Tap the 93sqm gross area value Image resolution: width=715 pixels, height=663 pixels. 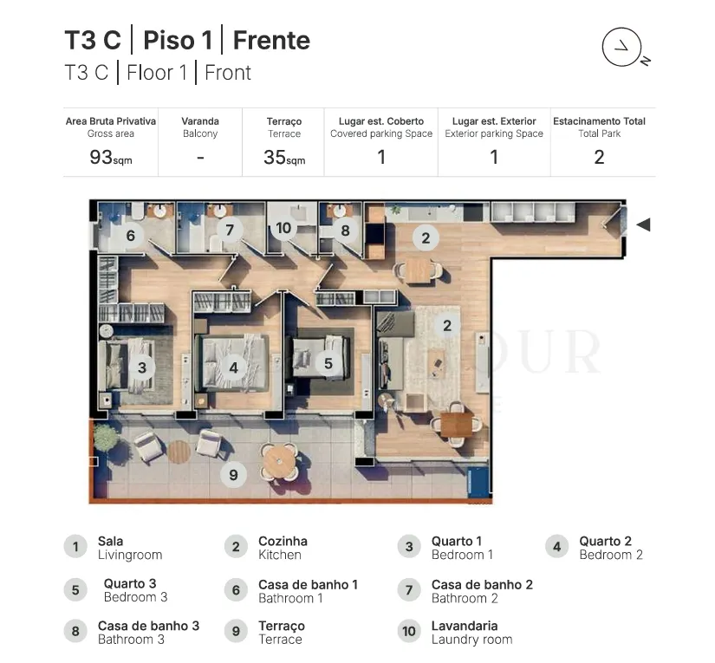(111, 158)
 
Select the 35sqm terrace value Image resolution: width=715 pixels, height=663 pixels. (284, 158)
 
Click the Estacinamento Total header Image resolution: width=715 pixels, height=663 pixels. (599, 121)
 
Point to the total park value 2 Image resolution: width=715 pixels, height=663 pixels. (599, 158)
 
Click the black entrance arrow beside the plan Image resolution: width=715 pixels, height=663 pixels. (643, 224)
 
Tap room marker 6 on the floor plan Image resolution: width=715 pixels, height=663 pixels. (130, 235)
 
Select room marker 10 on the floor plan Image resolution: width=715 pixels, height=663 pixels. (283, 228)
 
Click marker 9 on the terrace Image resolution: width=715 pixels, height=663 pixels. (233, 475)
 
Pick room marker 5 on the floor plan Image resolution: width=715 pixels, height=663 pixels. (328, 363)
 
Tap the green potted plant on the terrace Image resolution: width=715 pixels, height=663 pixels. (105, 438)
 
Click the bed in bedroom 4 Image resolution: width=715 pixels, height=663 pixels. (233, 362)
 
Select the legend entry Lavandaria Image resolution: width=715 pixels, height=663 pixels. (465, 626)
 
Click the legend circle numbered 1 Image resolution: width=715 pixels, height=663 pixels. (75, 546)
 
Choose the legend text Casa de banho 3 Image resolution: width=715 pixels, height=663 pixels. (149, 626)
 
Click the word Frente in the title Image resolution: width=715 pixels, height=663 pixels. (271, 41)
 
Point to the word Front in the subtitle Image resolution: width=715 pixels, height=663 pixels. (228, 73)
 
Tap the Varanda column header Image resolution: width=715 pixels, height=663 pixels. (200, 121)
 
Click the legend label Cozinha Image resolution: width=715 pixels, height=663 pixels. (283, 542)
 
